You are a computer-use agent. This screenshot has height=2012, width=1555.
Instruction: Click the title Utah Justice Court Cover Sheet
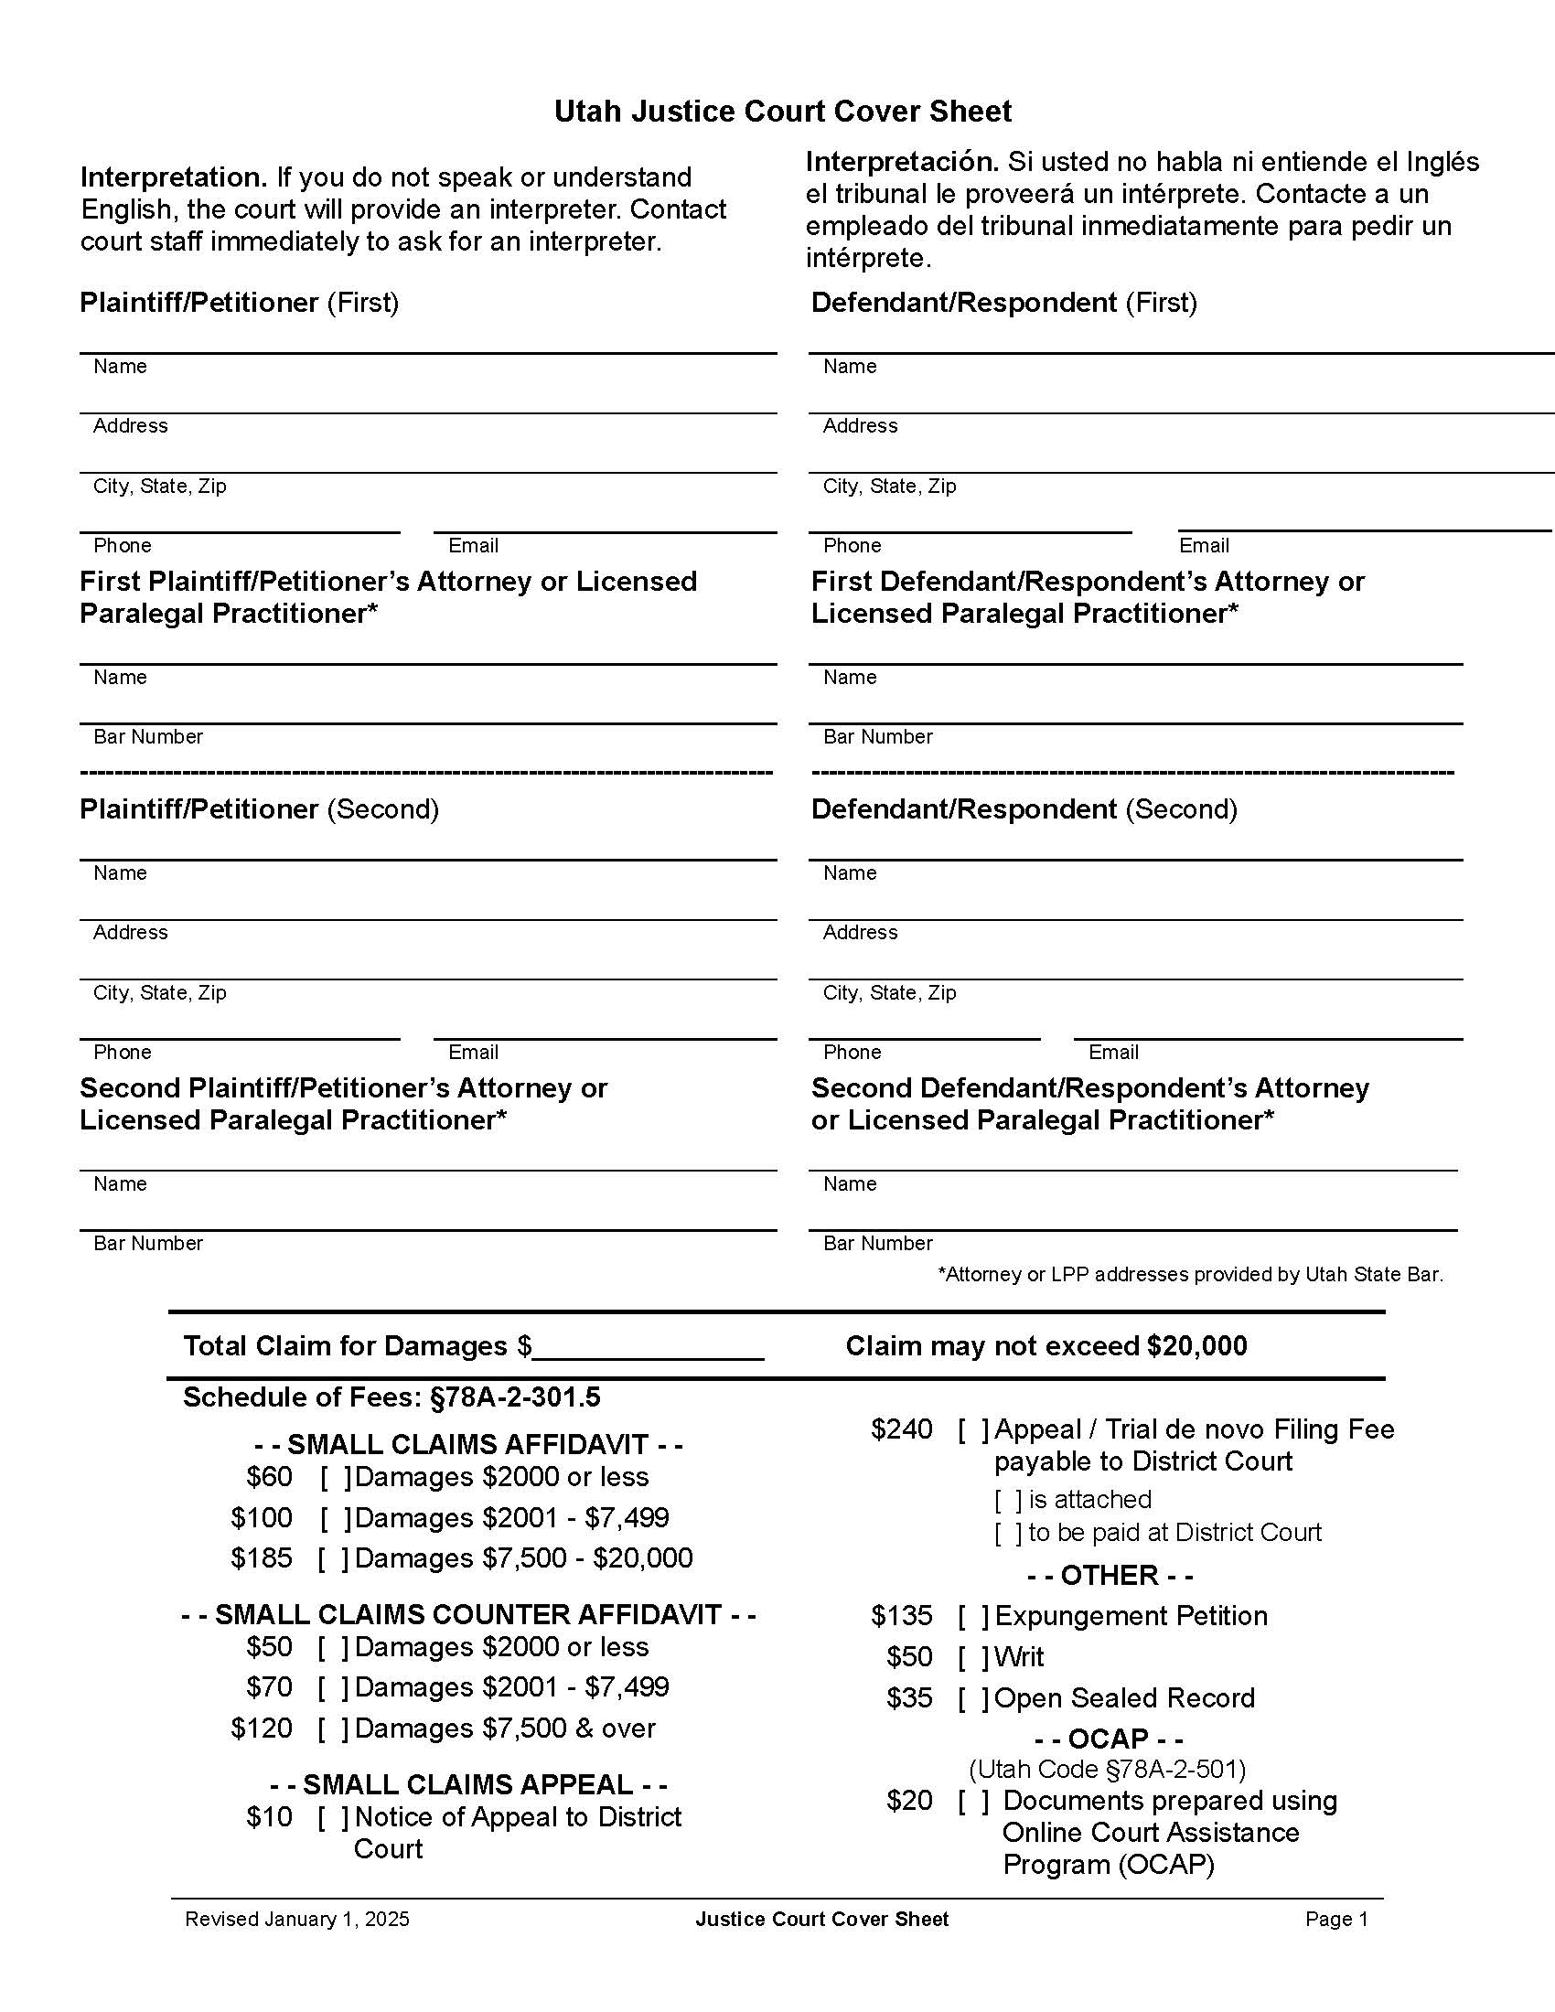click(782, 112)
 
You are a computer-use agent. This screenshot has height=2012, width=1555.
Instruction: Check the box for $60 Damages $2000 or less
click(336, 1477)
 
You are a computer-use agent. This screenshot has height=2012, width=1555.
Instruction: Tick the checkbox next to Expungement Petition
click(973, 1616)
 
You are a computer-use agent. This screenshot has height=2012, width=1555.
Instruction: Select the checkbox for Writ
click(973, 1656)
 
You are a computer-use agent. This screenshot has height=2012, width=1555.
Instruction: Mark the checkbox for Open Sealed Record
click(973, 1698)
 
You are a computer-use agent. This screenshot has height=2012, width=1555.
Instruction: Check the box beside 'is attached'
click(1008, 1500)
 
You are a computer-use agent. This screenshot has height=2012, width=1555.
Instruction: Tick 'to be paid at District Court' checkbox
click(1008, 1533)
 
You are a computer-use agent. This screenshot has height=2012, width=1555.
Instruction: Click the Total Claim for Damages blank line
click(649, 1348)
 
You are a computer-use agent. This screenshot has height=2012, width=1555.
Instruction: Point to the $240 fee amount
click(901, 1429)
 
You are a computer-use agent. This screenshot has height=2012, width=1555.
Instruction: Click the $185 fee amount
click(261, 1557)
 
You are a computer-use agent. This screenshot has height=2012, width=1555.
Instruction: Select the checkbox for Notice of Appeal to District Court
click(334, 1816)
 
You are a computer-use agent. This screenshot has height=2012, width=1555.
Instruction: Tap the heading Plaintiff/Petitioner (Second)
click(259, 808)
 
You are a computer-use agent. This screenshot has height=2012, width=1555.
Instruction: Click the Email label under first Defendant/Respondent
click(1203, 545)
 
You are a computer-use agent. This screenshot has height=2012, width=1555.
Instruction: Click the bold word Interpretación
click(901, 162)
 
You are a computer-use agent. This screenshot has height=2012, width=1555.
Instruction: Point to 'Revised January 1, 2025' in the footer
click(296, 1919)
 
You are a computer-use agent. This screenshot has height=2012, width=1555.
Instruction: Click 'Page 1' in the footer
click(1335, 1919)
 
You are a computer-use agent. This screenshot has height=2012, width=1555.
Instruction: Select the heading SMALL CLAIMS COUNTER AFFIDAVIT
click(468, 1614)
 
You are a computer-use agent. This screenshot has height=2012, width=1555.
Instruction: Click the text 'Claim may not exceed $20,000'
click(1046, 1346)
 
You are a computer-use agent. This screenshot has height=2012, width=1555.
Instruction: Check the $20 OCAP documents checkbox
click(973, 1800)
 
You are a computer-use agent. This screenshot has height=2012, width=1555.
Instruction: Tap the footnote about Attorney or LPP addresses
click(1190, 1274)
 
